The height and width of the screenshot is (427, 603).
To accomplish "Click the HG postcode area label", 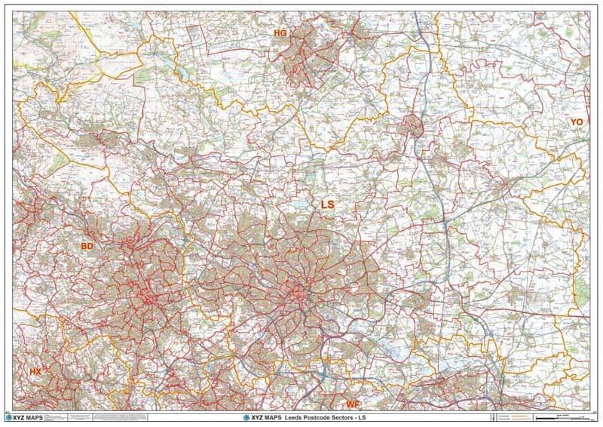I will point(280,33).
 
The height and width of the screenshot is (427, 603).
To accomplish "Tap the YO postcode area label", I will point(577,121).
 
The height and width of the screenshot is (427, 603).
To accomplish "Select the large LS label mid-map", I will point(327,204).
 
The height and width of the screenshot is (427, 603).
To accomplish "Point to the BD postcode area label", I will point(87,246).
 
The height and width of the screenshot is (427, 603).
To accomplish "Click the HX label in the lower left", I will point(35,373).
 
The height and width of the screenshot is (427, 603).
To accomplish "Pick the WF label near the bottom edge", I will point(353,404).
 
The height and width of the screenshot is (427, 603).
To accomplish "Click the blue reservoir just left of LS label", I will point(302,204).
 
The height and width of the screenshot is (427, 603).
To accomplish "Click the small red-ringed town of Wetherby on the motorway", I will point(414,125).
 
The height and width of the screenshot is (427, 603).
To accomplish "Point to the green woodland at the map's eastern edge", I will point(581,290).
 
